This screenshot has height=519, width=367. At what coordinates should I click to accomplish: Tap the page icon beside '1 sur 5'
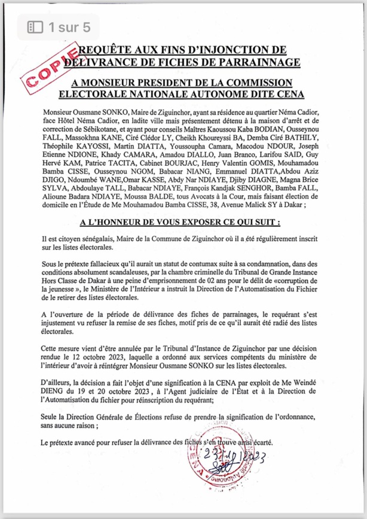36,27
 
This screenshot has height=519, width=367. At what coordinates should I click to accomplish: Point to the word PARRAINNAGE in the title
252,60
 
